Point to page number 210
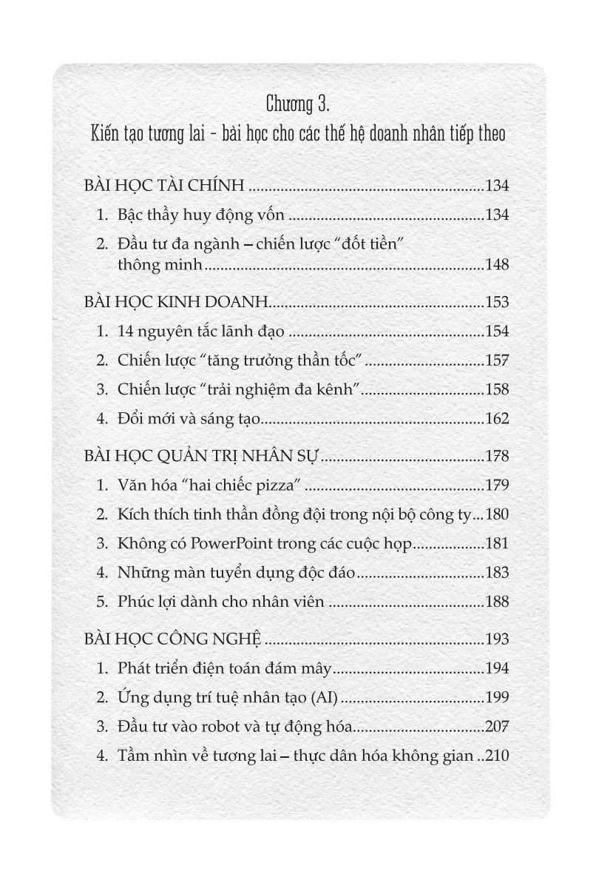pyautogui.click(x=497, y=756)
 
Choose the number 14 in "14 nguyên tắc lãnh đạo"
pyautogui.click(x=125, y=332)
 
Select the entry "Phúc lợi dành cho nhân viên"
pyautogui.click(x=221, y=602)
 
